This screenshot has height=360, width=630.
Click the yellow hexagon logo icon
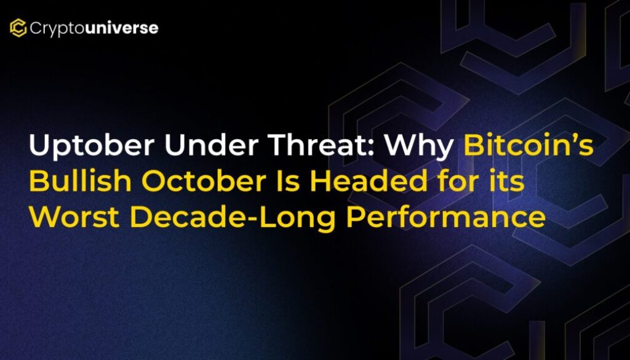click(x=18, y=28)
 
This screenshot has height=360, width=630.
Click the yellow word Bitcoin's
click(x=528, y=145)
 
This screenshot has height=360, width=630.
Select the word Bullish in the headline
click(x=80, y=180)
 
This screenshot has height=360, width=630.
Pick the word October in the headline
click(x=203, y=180)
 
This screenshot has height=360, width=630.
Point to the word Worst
click(x=74, y=217)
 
